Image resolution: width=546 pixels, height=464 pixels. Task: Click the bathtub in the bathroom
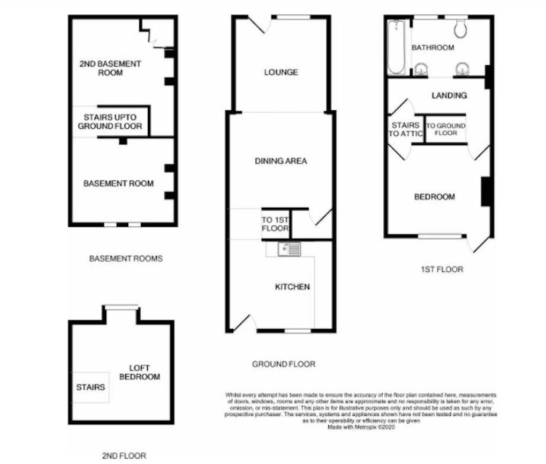[x=396, y=47]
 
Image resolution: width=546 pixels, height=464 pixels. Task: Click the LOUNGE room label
[x=281, y=72]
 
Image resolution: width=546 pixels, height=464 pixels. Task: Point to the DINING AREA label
[x=281, y=161]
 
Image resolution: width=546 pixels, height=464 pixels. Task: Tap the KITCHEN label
[x=292, y=287]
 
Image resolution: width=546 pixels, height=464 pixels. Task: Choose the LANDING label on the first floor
[x=449, y=95]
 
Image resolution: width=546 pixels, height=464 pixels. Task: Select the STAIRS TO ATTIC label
[x=405, y=130]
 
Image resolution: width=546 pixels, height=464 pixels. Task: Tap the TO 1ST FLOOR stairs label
[x=275, y=223]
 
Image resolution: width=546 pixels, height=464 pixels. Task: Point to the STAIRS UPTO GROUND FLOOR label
[x=112, y=122]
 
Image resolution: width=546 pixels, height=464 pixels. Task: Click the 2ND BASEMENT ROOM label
[x=110, y=68]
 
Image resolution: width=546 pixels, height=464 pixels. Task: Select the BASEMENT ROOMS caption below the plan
[x=125, y=259]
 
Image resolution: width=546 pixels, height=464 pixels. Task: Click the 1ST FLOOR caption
[x=442, y=269]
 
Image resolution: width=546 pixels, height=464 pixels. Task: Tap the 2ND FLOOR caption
[x=123, y=456]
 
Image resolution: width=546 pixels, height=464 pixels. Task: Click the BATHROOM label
[x=433, y=47]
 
